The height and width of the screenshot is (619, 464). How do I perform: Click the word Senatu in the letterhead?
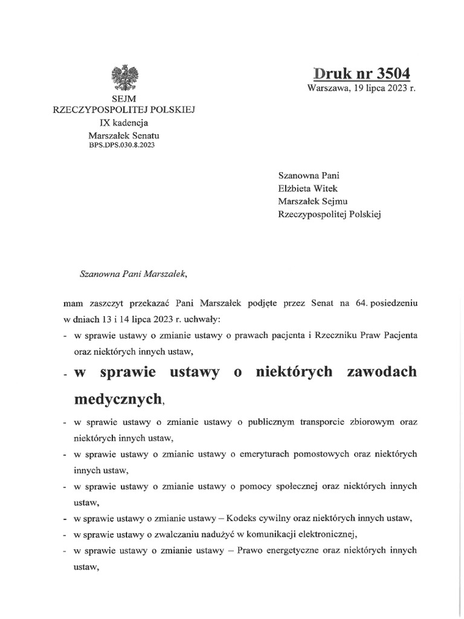144,135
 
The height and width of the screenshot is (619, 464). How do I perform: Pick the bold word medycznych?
118,399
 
